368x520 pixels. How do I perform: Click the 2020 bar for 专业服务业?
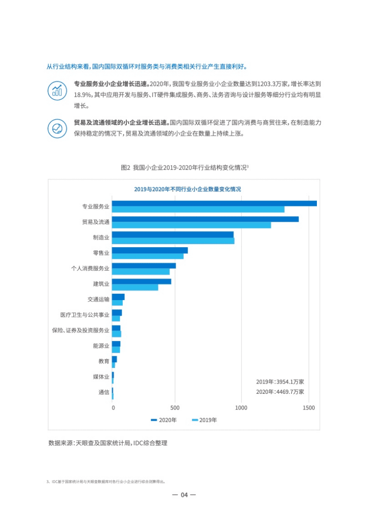(x=214, y=203)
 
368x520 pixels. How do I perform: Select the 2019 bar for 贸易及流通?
(x=191, y=225)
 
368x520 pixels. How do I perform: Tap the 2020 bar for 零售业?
(x=150, y=250)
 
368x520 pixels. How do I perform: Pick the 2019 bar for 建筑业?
(x=135, y=287)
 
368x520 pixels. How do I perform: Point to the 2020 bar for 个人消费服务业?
(x=144, y=266)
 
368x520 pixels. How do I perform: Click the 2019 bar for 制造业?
(x=173, y=241)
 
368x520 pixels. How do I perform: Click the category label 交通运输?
(x=99, y=299)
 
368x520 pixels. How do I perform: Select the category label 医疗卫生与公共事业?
(x=85, y=315)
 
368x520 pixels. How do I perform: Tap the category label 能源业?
(x=101, y=346)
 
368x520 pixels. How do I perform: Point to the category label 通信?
(x=104, y=392)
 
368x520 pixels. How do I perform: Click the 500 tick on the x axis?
(x=175, y=408)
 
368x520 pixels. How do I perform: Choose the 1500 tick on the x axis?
(x=309, y=408)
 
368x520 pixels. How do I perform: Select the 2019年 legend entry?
(x=204, y=420)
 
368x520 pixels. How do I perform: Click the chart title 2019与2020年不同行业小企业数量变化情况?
(x=184, y=189)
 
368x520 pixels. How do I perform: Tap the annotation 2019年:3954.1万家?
(x=280, y=382)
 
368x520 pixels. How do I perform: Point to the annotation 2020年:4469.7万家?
(x=280, y=392)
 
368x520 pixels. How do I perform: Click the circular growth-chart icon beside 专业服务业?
(x=57, y=90)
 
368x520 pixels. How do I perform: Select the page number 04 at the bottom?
(x=184, y=494)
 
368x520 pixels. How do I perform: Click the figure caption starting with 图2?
(x=184, y=167)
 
